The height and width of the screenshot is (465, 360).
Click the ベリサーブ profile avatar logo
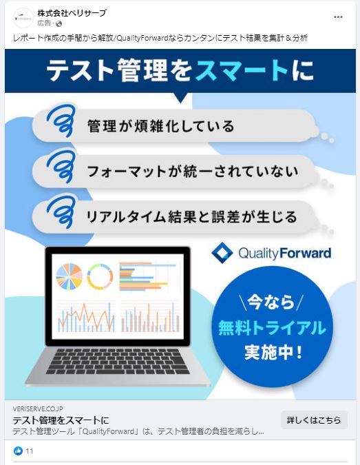point(23,18)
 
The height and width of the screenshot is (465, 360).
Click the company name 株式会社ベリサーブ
point(72,13)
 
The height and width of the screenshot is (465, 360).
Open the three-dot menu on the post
point(338,17)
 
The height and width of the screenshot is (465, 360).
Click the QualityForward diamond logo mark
point(222,253)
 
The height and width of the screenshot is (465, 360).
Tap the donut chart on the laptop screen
point(100,277)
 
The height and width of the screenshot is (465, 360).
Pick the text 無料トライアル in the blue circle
point(272,328)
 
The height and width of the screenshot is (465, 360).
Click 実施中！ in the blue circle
point(273,353)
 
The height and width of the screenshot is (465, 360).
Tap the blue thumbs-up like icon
point(18,451)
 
